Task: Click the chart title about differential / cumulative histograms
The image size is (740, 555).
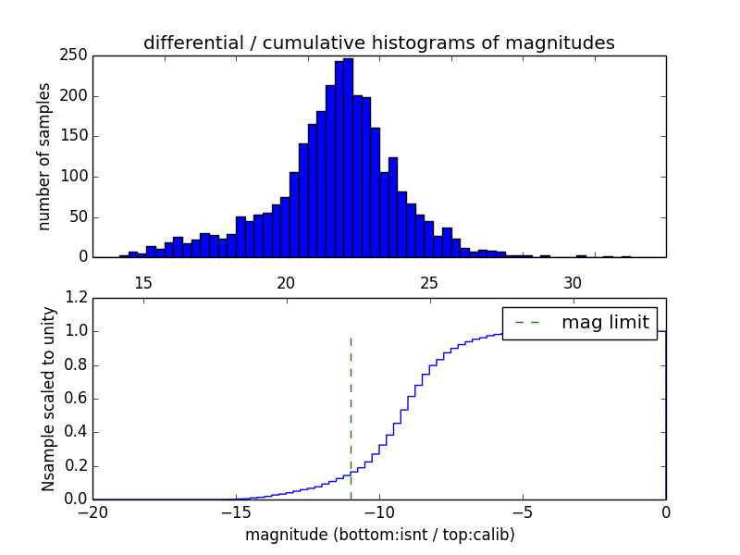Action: click(x=378, y=43)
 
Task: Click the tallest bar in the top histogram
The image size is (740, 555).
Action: click(x=348, y=157)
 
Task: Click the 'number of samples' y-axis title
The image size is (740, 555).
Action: click(x=44, y=156)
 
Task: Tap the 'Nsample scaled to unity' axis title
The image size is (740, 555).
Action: click(x=49, y=399)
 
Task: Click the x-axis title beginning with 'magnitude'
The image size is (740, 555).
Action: click(x=379, y=535)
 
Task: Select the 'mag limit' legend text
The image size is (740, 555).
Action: click(x=605, y=323)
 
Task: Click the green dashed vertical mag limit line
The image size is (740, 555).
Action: click(x=351, y=416)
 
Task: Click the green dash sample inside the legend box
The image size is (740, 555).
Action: click(x=527, y=323)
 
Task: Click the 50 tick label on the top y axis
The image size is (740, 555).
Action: click(x=79, y=217)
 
